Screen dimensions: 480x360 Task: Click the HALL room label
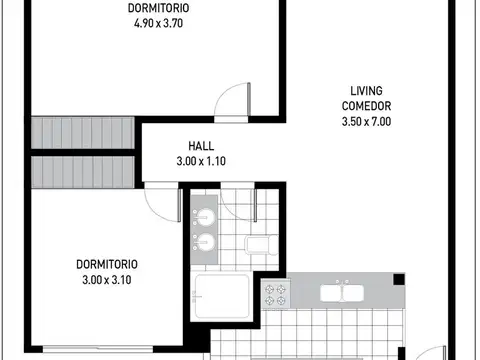pos(201,146)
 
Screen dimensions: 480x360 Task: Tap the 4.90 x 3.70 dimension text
pos(158,23)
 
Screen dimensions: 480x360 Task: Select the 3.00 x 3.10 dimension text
pos(107,280)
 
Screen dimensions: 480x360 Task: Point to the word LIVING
pos(366,91)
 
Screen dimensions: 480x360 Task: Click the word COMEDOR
pos(366,106)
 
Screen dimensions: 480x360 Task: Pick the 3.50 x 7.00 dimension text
pos(366,121)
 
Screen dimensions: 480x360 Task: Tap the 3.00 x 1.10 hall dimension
pos(201,161)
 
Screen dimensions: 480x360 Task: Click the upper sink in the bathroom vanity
pos(204,217)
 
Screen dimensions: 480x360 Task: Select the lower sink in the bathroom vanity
pos(204,242)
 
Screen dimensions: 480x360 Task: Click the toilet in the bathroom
pos(262,245)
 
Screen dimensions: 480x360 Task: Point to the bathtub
pos(222,296)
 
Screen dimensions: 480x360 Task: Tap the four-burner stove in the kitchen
pos(276,295)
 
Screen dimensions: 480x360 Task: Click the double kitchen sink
pos(342,292)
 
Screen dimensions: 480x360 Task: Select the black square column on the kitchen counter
pos(399,279)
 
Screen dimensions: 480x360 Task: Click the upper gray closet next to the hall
pos(83,133)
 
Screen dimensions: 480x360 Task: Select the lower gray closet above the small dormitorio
pos(83,172)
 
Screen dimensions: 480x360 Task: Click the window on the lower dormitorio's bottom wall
pos(98,349)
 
